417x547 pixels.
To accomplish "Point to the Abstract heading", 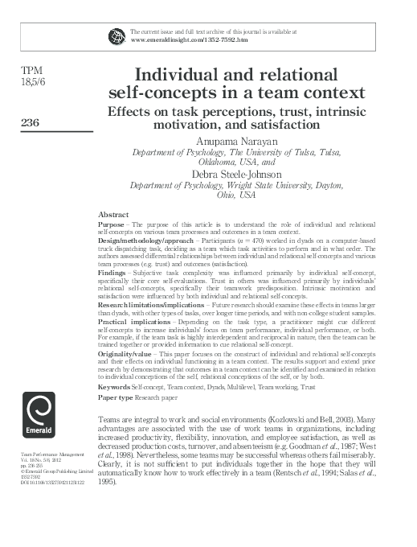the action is pos(112,215).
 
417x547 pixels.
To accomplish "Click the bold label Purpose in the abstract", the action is pos(112,224).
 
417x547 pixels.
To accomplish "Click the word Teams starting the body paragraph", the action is pos(108,421).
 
